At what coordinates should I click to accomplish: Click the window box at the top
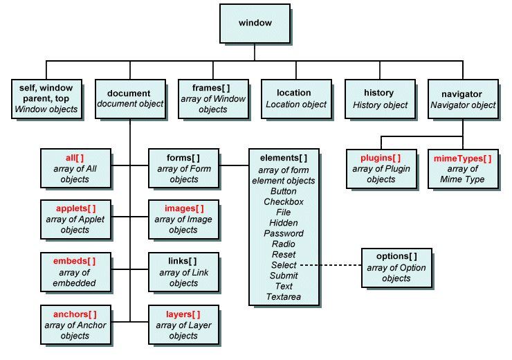pos(255,24)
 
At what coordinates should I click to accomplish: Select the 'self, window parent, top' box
pos(46,99)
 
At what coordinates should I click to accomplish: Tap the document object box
pos(129,99)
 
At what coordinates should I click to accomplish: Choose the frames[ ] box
pos(212,99)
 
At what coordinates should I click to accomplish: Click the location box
pos(295,99)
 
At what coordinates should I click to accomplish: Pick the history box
pos(378,99)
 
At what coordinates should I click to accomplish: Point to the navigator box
pos(462,99)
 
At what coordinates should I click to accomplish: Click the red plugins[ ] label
pos(381,158)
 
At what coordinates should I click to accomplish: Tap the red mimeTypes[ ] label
pos(462,158)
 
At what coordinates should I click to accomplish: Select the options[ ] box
pos(396,267)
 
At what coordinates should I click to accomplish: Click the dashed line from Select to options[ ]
pos(330,265)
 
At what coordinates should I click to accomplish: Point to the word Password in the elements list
pos(284,233)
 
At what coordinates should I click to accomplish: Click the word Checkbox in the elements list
pos(284,201)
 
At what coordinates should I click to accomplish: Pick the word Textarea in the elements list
pos(284,297)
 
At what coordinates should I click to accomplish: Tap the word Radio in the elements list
pos(284,244)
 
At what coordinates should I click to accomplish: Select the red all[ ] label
pos(75,158)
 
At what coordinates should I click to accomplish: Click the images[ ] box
pos(183,219)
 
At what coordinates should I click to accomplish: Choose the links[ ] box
pos(183,272)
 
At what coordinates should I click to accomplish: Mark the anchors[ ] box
pos(74,325)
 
